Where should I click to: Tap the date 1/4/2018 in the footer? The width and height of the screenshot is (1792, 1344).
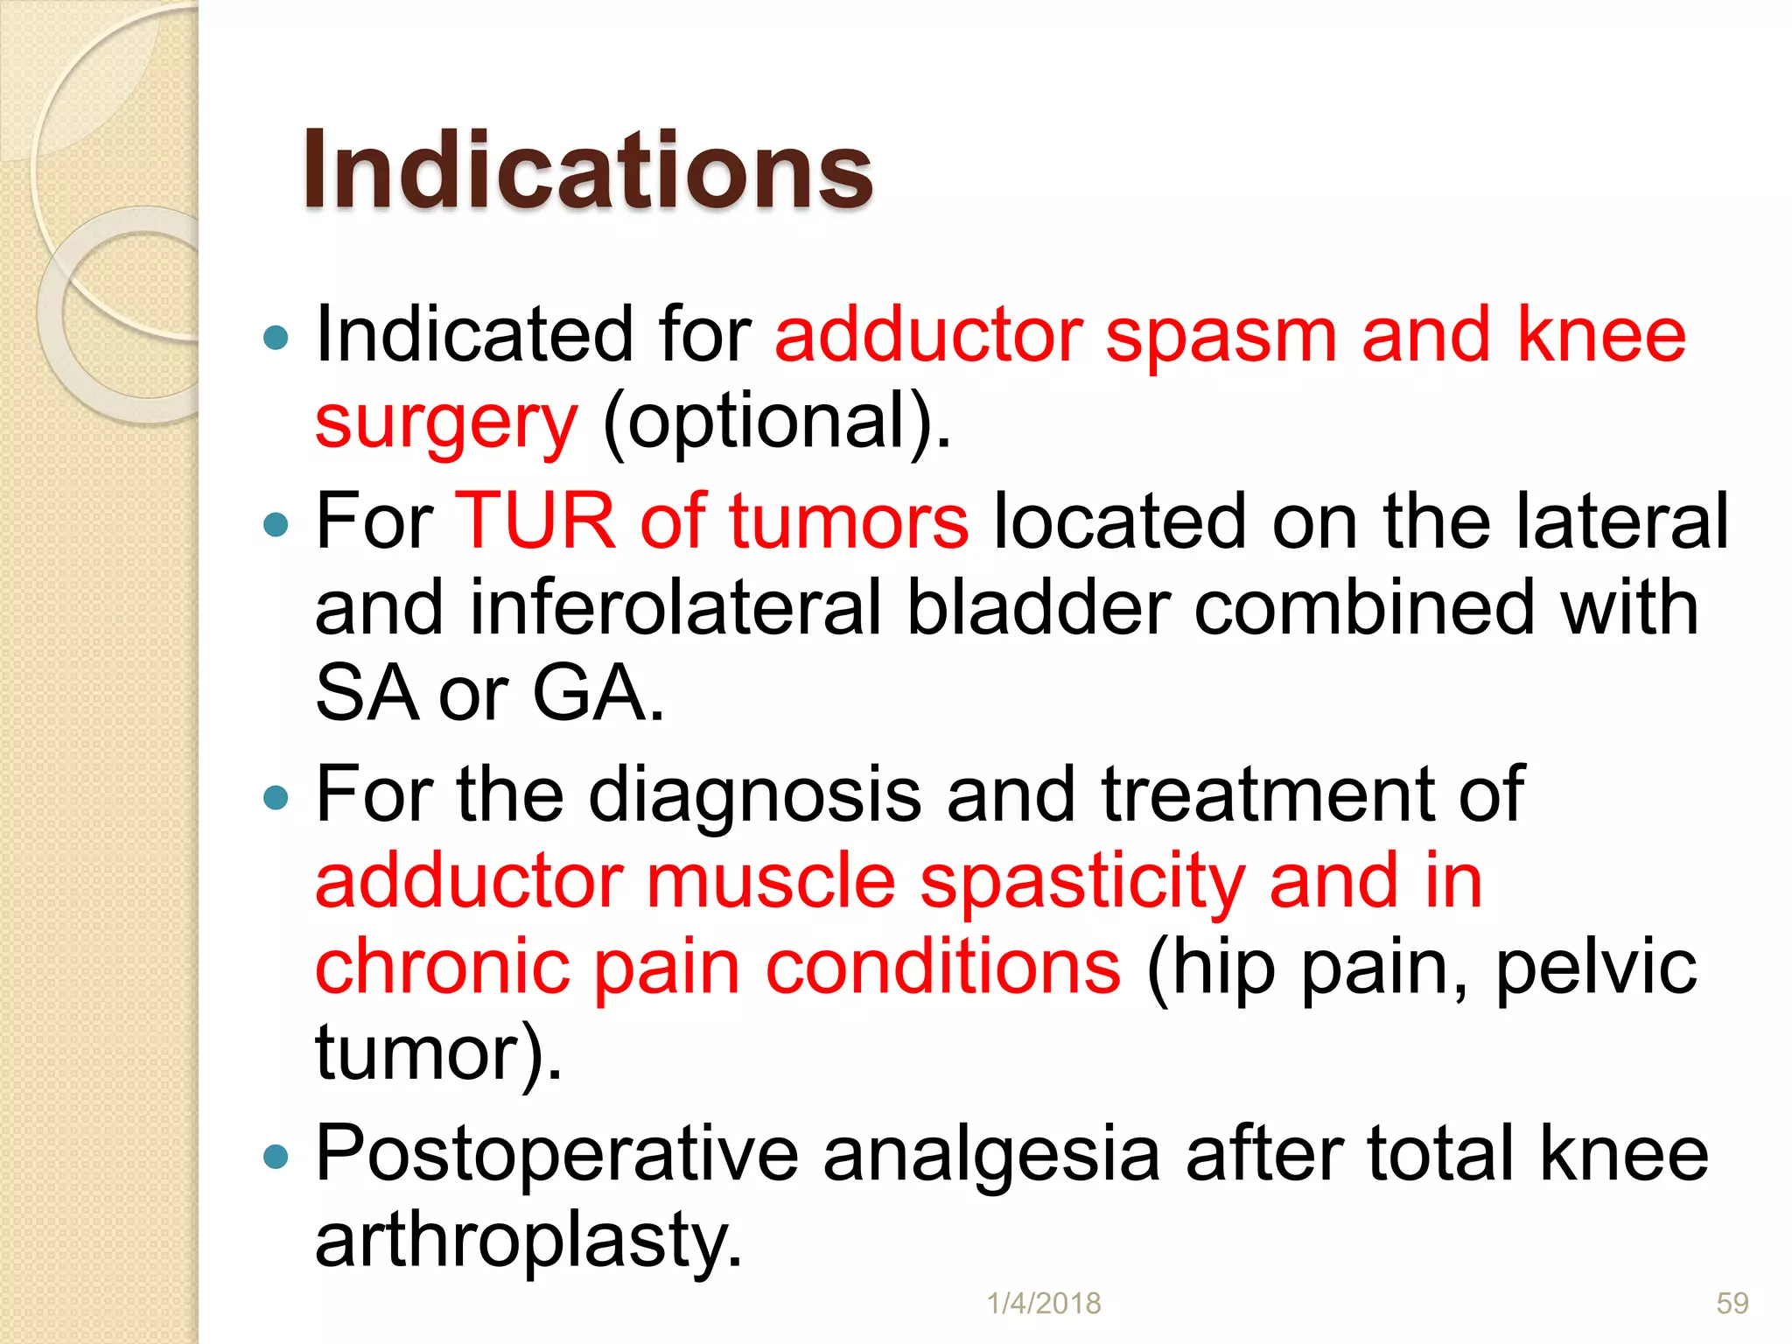(1043, 1303)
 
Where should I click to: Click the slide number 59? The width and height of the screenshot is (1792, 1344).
(1732, 1303)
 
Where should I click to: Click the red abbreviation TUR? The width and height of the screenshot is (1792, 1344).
(535, 521)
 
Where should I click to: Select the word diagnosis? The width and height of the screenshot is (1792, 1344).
(754, 794)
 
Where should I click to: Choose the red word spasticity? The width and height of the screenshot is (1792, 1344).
(1082, 881)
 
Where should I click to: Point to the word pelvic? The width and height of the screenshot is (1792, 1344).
(1596, 969)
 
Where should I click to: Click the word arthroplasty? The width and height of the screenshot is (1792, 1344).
(528, 1241)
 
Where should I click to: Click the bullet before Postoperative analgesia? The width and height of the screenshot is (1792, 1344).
(276, 1157)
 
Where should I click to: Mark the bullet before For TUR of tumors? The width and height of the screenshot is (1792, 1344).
(276, 524)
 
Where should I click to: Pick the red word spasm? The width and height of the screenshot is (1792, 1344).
(1221, 337)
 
